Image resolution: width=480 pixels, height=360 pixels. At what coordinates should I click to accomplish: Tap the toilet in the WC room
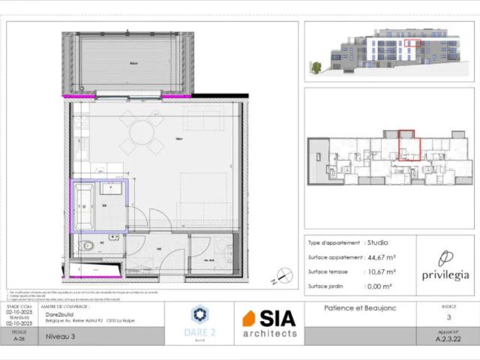[87, 244]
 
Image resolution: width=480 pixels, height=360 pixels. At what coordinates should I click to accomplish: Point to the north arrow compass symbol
[284, 276]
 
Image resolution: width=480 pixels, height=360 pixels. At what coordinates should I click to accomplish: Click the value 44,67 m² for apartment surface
[380, 257]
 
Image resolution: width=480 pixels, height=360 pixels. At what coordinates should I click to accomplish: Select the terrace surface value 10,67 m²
[380, 271]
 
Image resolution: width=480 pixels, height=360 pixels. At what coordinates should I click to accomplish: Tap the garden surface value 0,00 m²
[379, 286]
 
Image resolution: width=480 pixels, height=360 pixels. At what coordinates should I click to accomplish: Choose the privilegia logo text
[445, 275]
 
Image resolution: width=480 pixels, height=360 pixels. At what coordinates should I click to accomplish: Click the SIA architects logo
[269, 322]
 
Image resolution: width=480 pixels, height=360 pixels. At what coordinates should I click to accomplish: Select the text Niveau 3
[61, 337]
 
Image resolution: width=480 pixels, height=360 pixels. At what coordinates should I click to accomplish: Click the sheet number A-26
[19, 338]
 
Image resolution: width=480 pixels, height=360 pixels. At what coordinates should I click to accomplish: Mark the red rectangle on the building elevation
[412, 43]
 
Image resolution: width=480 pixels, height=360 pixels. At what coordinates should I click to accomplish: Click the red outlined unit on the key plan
[407, 144]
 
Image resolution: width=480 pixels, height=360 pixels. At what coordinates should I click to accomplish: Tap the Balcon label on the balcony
[133, 64]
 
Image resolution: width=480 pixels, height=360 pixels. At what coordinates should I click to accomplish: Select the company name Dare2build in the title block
[58, 314]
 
